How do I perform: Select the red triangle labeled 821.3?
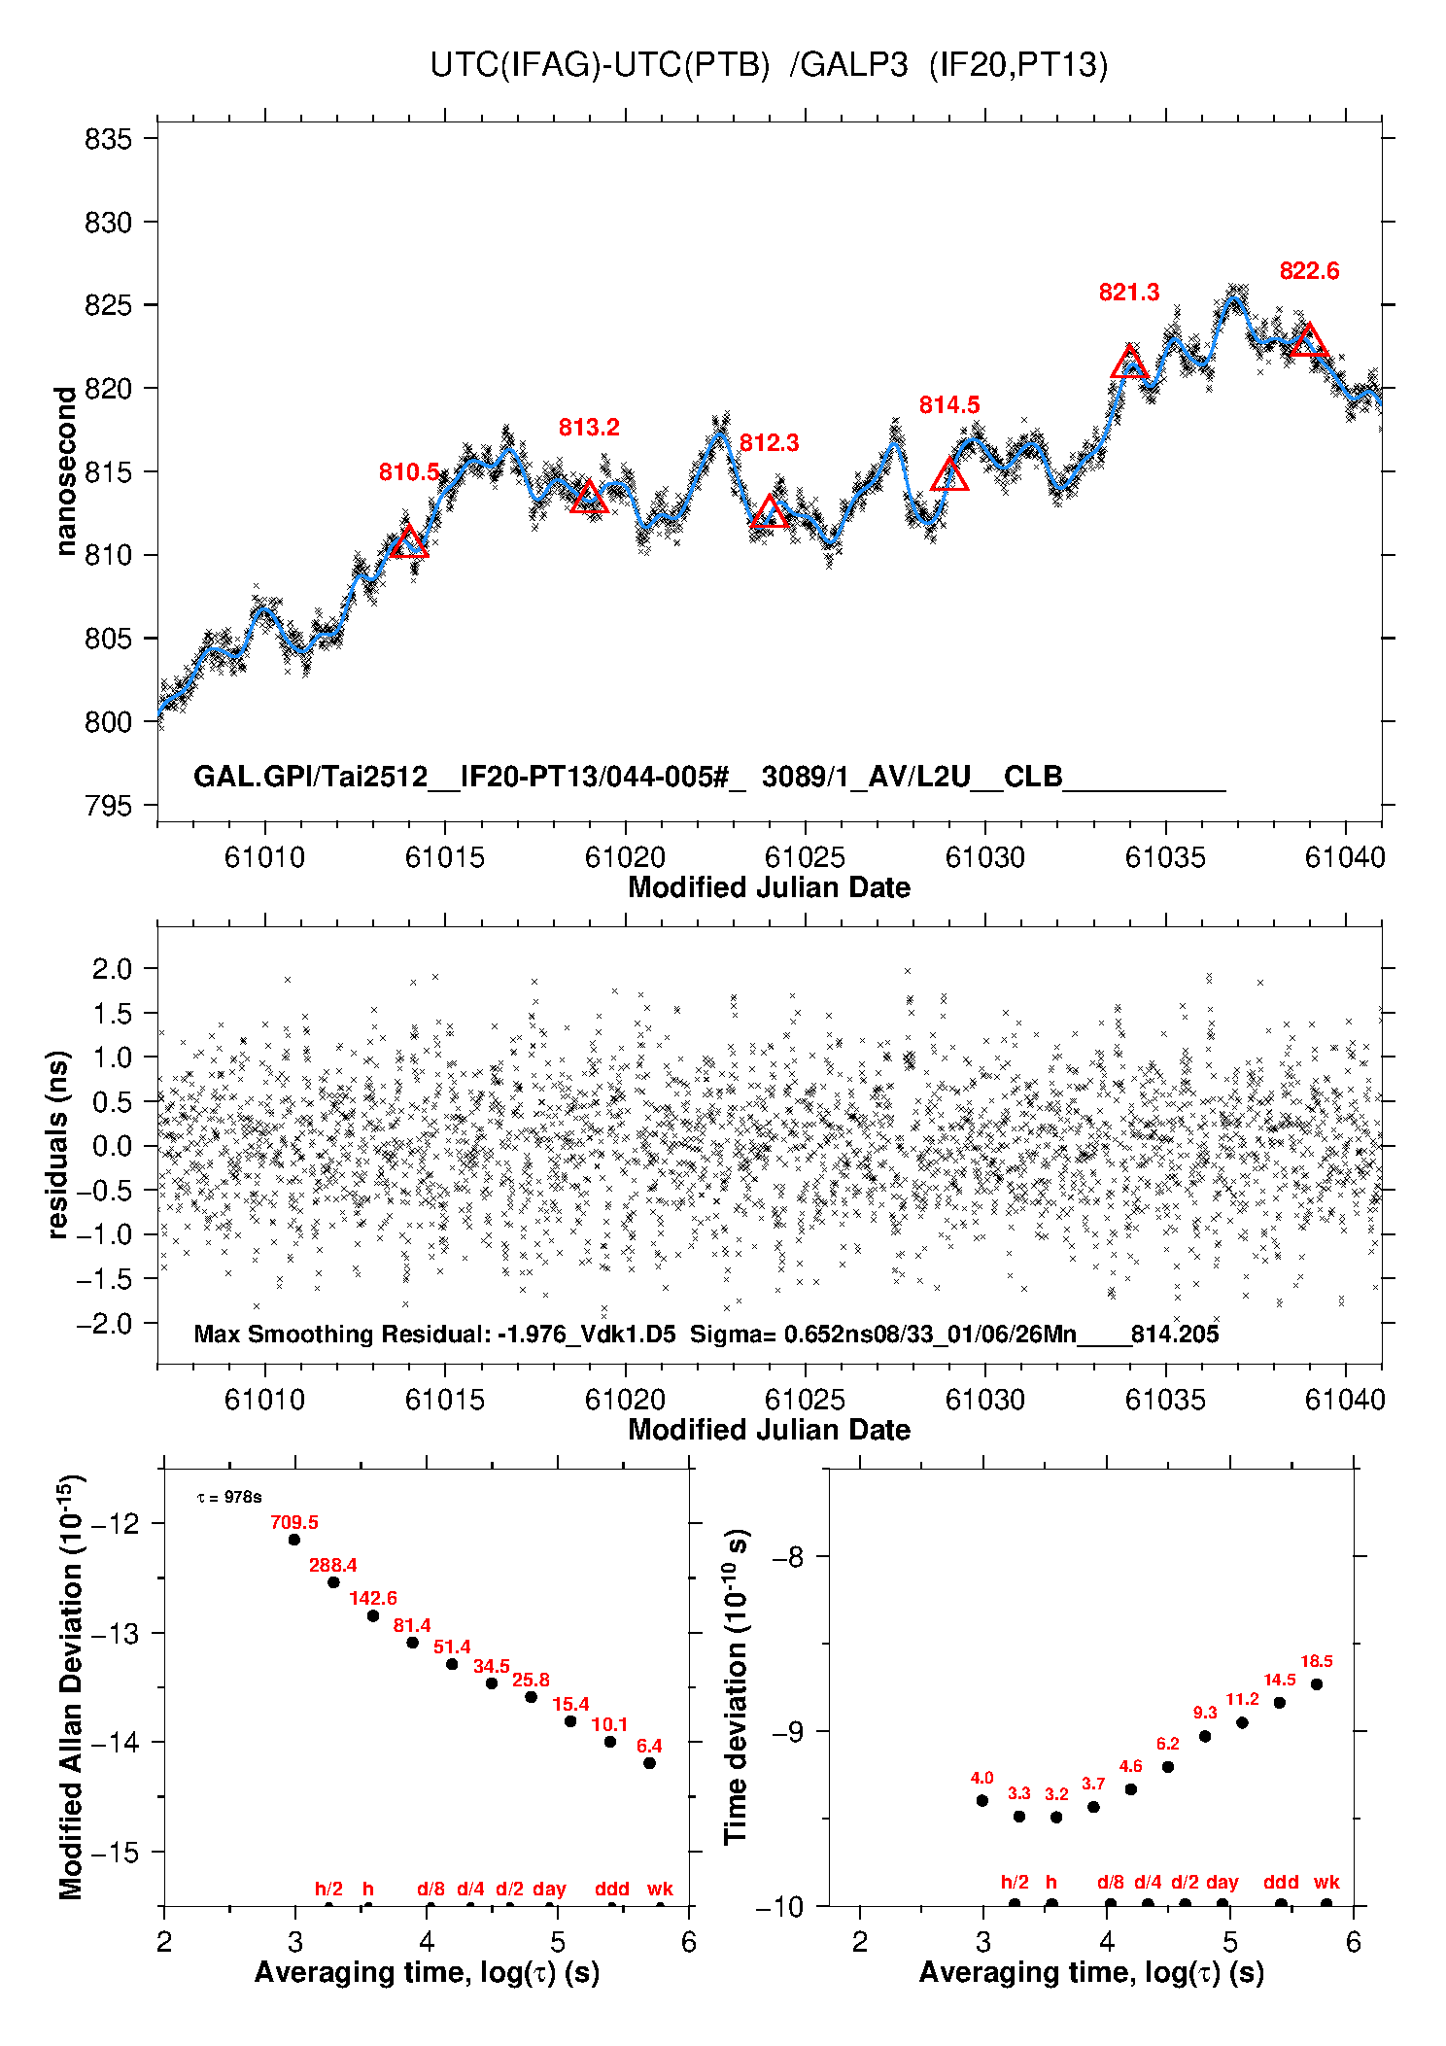tap(1129, 364)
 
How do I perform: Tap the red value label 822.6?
tap(1309, 271)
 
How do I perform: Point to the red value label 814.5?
tap(949, 405)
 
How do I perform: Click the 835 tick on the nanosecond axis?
tap(108, 139)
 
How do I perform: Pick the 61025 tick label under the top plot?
tap(805, 857)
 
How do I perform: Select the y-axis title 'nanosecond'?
tap(65, 471)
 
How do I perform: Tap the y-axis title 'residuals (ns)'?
tap(58, 1144)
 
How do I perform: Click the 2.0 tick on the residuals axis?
tap(112, 968)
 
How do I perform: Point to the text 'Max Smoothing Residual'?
tap(341, 1334)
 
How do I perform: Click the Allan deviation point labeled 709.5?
tap(294, 1540)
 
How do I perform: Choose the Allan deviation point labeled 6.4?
tap(650, 1763)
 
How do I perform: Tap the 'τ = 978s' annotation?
tap(229, 1498)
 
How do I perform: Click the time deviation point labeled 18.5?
tap(1317, 1684)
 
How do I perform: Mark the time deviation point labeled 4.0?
tap(982, 1800)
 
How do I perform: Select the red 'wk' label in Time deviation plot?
tap(1326, 1882)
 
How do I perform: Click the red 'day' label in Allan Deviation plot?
tap(549, 1889)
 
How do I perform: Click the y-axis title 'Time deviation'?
tap(736, 1687)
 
